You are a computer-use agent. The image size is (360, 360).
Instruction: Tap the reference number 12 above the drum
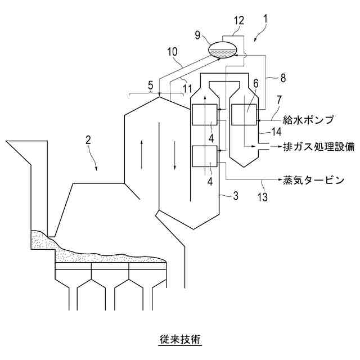click(x=239, y=20)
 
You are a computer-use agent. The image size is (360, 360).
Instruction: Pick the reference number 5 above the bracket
click(x=150, y=85)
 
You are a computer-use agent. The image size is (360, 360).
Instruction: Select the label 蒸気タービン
click(x=313, y=181)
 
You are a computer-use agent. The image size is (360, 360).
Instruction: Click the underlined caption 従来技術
click(x=180, y=339)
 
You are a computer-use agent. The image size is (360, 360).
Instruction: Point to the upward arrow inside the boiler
click(x=141, y=151)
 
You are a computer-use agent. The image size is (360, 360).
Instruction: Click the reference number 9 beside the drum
click(x=198, y=35)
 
